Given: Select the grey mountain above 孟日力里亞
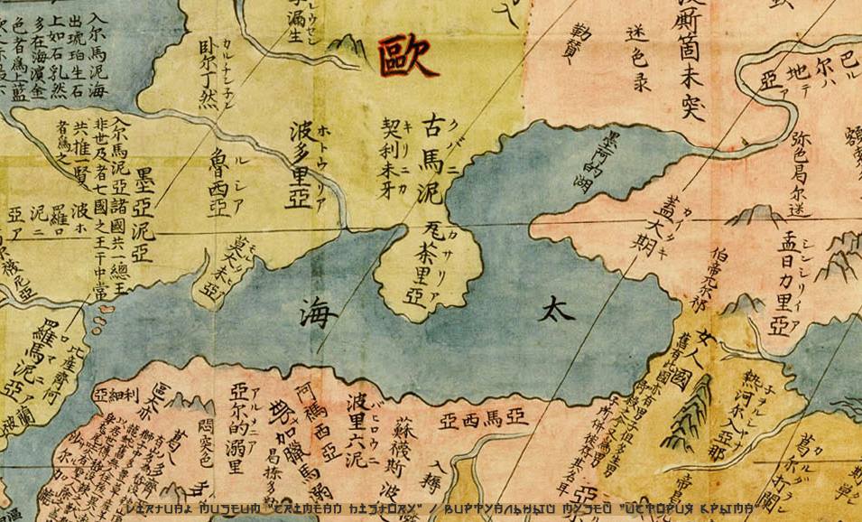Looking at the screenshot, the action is [x=756, y=216].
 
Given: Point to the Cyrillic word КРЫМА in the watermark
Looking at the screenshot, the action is [x=727, y=511].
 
